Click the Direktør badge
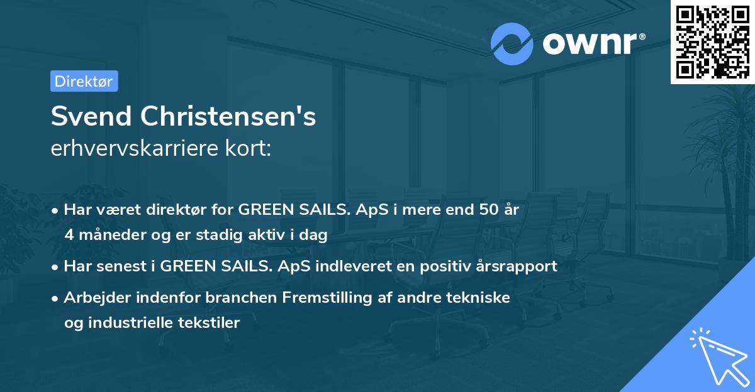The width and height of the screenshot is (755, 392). coord(84,81)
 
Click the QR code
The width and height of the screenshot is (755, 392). coord(712,42)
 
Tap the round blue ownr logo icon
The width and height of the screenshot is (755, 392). coord(512,43)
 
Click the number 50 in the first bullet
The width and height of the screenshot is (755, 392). coord(486,210)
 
